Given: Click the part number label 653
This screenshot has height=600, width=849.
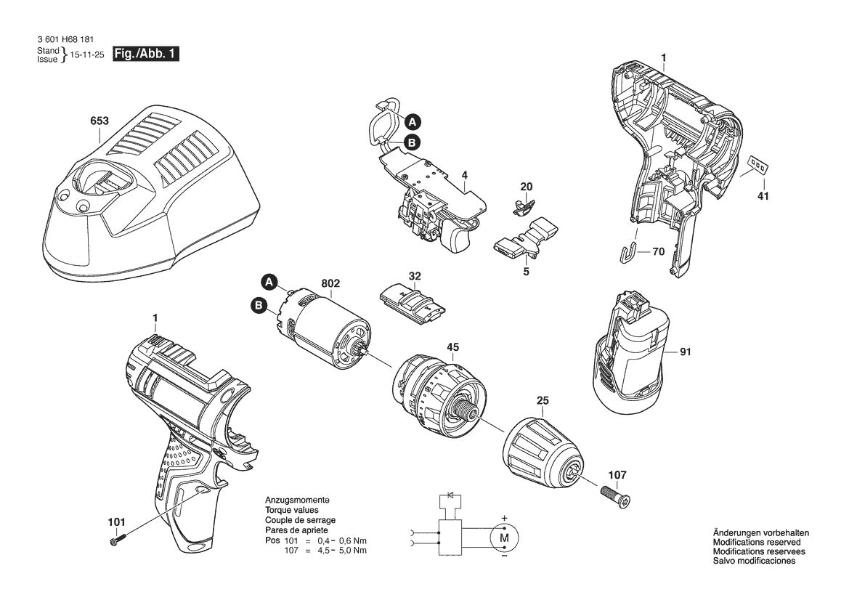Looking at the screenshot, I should (x=99, y=121).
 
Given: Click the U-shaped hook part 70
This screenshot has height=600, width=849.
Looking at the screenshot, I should (x=631, y=253).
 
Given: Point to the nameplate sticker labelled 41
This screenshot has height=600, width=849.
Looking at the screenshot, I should (x=757, y=166).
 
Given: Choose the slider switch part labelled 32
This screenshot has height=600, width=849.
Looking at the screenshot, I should (x=412, y=304).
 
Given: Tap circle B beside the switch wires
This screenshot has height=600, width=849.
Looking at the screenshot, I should (x=410, y=143).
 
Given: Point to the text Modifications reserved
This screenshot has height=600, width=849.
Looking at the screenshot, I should (x=756, y=543).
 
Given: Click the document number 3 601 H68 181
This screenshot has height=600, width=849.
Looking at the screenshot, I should (x=64, y=40).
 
